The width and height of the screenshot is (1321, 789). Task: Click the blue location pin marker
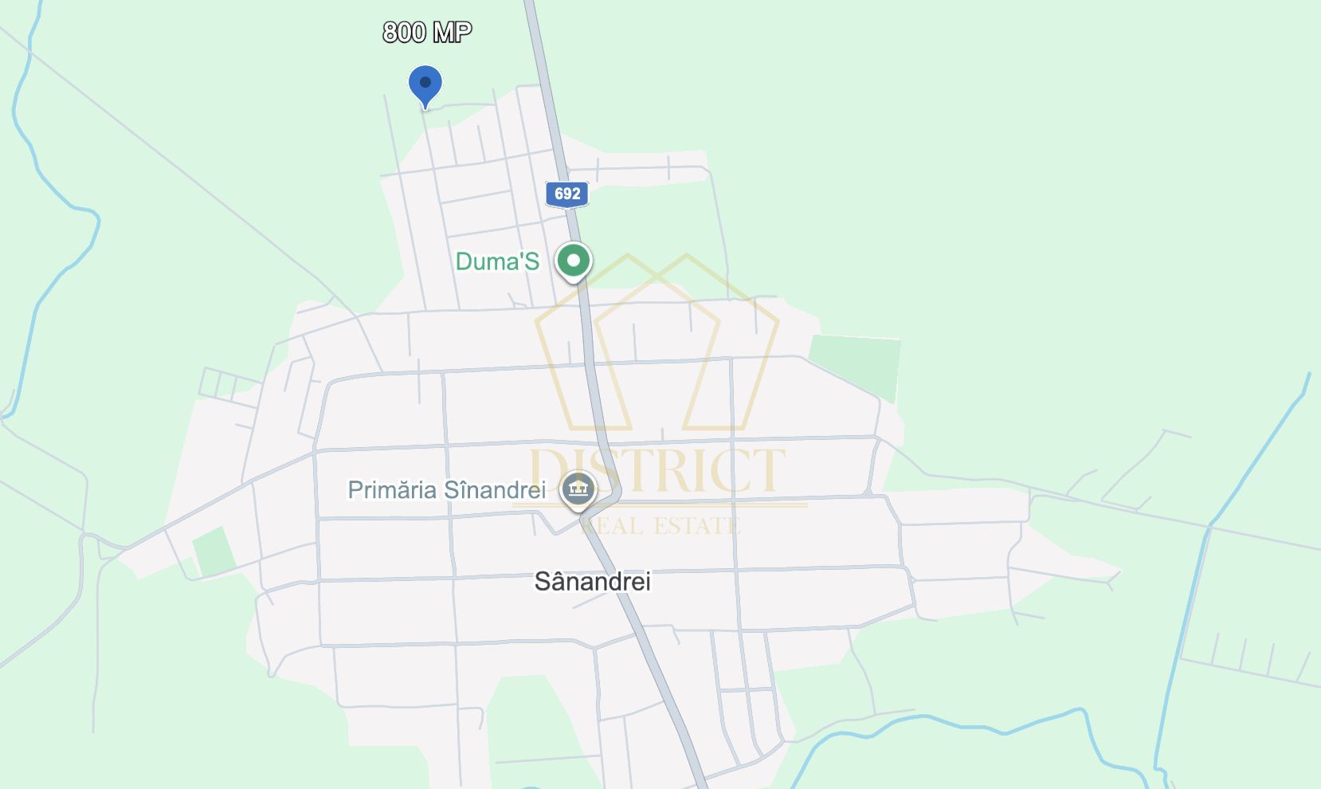click(425, 84)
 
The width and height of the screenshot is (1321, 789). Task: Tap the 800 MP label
click(427, 32)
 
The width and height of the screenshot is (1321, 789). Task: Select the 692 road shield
click(567, 194)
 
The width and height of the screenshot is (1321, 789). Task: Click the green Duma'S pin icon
click(573, 261)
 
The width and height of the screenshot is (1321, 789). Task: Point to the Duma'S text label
click(497, 261)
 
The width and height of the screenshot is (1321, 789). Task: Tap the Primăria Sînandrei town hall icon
click(578, 489)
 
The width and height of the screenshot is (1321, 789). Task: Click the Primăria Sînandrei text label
click(446, 489)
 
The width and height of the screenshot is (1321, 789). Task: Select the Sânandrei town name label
click(592, 581)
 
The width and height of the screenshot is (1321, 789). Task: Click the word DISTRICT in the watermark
click(657, 471)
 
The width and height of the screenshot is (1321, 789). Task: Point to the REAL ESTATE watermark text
click(660, 526)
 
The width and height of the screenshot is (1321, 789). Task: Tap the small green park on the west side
click(214, 552)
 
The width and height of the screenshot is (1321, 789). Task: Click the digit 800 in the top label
click(405, 32)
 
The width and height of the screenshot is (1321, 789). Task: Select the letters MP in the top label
click(453, 32)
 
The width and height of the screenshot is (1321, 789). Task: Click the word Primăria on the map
click(392, 489)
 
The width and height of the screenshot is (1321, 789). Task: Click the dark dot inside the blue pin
click(425, 82)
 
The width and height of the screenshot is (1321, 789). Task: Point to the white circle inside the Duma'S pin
click(573, 260)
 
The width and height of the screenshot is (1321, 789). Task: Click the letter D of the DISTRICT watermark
click(550, 471)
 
